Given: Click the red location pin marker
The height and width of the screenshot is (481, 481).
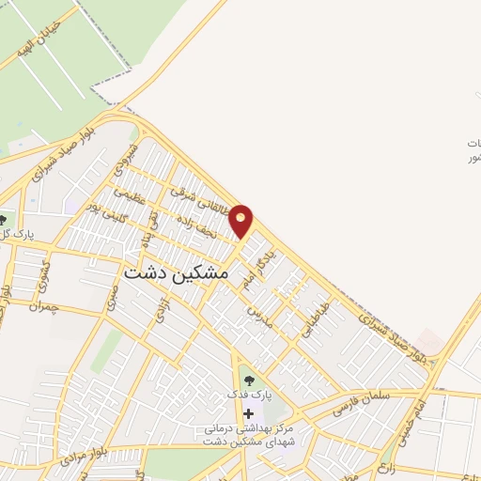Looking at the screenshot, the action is coord(242,220).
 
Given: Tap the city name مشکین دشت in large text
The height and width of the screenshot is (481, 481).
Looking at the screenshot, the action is coord(176,272).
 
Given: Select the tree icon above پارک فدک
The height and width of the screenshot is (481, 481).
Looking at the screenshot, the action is coord(249,380).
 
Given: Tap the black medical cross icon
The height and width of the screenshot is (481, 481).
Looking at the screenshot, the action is coord(248,413).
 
